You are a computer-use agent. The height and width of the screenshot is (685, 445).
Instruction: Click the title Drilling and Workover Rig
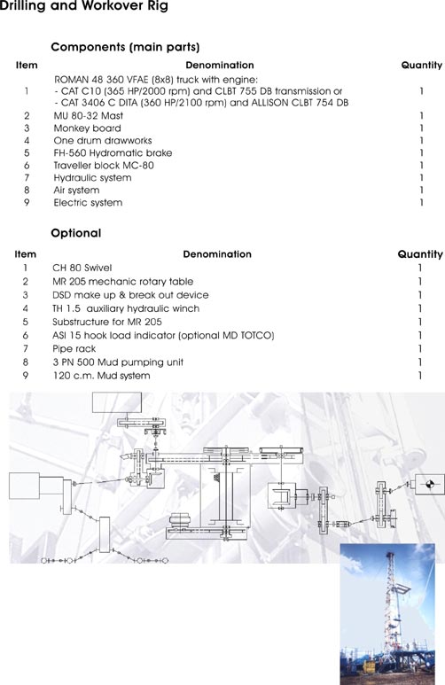(84, 6)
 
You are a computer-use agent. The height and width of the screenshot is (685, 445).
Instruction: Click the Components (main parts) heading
(126, 47)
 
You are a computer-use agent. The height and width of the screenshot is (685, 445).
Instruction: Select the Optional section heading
(76, 233)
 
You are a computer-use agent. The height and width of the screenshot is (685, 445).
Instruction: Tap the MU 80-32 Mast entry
(89, 116)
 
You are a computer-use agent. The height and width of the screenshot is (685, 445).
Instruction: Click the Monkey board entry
(88, 128)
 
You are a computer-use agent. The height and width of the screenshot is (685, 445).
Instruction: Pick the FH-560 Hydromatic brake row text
(113, 153)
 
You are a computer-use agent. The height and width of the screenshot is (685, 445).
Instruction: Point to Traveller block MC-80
(104, 165)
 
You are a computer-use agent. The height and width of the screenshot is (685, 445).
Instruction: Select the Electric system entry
(88, 202)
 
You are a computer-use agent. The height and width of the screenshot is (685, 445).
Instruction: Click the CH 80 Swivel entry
(82, 268)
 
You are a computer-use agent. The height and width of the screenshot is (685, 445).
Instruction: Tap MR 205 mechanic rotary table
(123, 281)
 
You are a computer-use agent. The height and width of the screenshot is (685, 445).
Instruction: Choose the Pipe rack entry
(74, 348)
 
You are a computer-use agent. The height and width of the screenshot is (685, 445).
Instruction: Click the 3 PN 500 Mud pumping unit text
(118, 362)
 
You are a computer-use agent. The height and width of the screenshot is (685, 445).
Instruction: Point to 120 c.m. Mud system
(101, 376)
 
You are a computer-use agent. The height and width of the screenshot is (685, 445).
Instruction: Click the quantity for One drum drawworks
(421, 141)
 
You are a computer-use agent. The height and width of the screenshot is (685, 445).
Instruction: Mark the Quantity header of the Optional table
(420, 254)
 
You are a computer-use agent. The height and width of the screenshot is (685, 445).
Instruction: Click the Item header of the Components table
(27, 65)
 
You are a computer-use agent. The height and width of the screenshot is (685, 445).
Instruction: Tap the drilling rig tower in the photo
(390, 611)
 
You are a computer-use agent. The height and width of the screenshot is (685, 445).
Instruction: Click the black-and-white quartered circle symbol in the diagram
(429, 484)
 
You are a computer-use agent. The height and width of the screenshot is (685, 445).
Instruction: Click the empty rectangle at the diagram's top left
(117, 402)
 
